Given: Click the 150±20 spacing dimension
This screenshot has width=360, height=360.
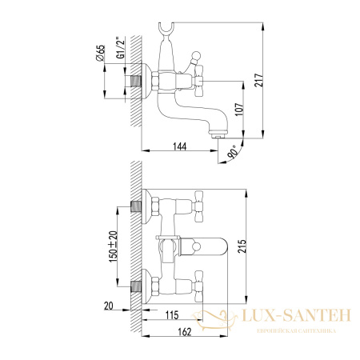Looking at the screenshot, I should tap(113, 247).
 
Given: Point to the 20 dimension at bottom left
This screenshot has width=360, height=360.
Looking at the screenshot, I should tap(108, 304).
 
